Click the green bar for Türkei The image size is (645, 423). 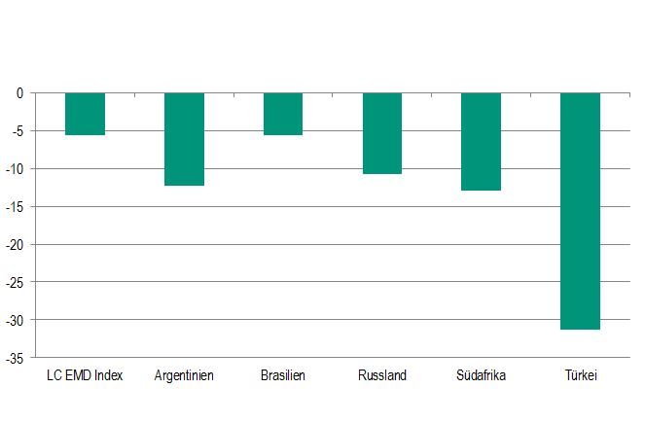point(580,211)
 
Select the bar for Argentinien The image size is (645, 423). point(184,139)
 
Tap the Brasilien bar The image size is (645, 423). point(283,114)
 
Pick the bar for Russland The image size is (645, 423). point(381,133)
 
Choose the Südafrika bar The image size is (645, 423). point(481,141)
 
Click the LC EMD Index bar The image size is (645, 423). point(85,114)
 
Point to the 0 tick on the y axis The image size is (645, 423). point(18,93)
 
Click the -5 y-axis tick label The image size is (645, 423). point(17,131)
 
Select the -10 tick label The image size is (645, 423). point(15,169)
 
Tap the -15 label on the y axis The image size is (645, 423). point(15,207)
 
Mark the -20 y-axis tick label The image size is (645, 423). point(15,245)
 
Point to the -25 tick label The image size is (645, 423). point(15,282)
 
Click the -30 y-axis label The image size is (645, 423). point(15,320)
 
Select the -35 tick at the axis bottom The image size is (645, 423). point(15,358)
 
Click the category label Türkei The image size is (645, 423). point(580,375)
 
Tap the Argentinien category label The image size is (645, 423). point(184,375)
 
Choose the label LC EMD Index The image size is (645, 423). point(85,375)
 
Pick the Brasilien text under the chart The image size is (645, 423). point(283,375)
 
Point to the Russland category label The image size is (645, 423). point(381,375)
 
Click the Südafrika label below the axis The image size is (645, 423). point(481,375)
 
